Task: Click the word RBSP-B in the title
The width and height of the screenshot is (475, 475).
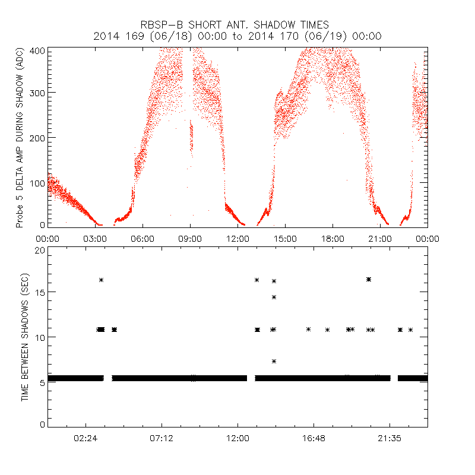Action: (x=161, y=25)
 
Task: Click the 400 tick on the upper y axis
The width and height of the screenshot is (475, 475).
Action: (x=37, y=50)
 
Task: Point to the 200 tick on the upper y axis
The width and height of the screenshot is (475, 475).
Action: (x=37, y=138)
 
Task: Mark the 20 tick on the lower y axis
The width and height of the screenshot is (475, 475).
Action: (x=40, y=250)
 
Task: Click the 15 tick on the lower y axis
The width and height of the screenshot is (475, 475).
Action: (x=40, y=292)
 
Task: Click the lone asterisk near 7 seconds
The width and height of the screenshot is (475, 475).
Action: (x=274, y=361)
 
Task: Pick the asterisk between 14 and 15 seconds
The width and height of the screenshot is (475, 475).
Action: (x=274, y=297)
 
